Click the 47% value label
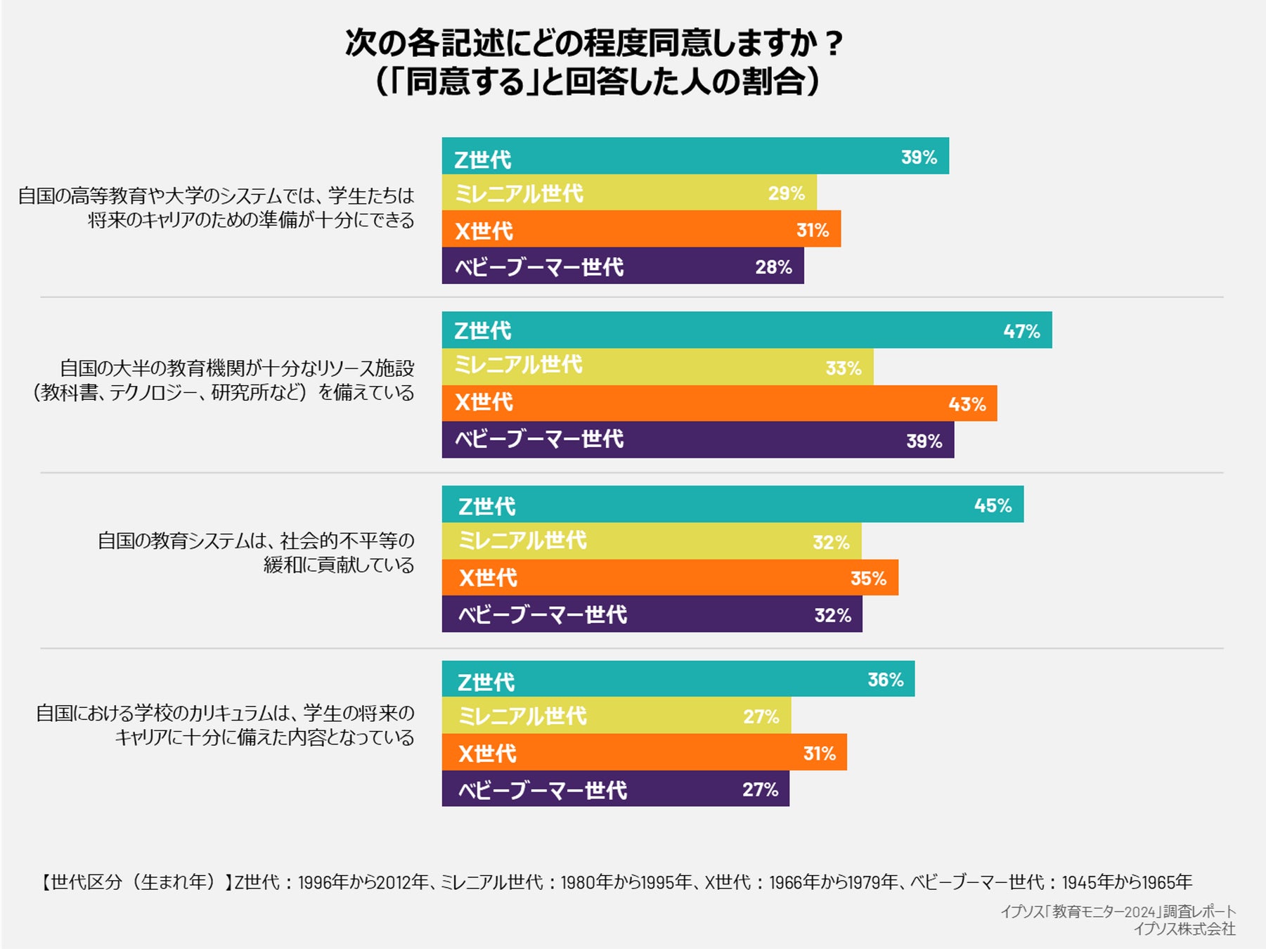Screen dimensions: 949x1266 (1021, 331)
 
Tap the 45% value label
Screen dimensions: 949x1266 (993, 505)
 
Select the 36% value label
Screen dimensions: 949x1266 (885, 680)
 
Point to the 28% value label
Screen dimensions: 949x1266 (773, 267)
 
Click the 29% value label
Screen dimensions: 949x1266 (786, 193)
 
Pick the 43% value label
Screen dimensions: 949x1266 (967, 404)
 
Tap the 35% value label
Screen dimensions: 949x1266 (868, 579)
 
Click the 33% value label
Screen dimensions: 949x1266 (843, 368)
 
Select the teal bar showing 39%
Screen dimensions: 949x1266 (695, 156)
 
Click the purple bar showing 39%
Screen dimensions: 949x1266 (697, 440)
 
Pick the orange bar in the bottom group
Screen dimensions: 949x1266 (644, 753)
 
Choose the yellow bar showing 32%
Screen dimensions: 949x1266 (651, 541)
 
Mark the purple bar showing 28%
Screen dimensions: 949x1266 (622, 266)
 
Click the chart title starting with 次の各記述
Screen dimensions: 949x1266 (594, 44)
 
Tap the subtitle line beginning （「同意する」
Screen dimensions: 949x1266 (598, 82)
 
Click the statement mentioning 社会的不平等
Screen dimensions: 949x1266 (256, 553)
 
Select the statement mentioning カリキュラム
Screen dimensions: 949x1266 (225, 725)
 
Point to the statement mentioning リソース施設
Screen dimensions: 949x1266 (224, 380)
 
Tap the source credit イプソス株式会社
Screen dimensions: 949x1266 (1184, 929)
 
